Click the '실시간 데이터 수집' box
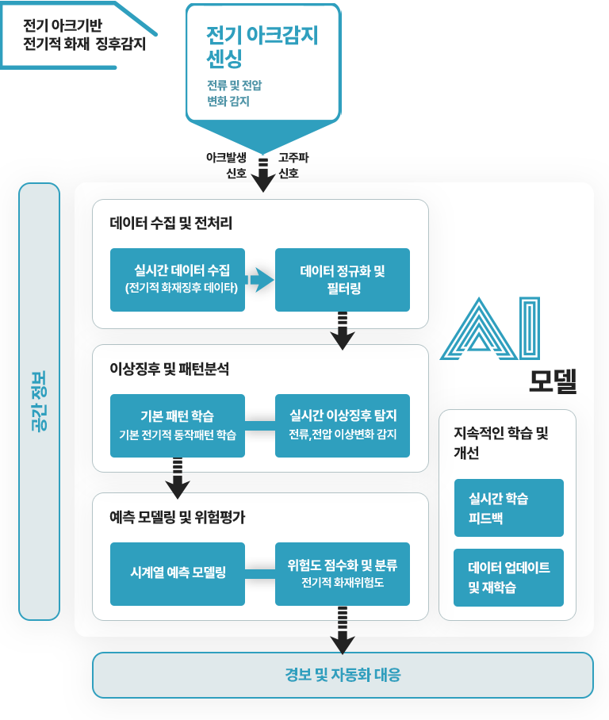tap(178, 280)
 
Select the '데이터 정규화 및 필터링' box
tap(342, 280)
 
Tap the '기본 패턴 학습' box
tap(178, 426)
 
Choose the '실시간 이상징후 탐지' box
tap(342, 426)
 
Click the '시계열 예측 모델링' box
tap(178, 574)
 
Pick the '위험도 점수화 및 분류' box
tap(342, 574)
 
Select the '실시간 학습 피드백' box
tap(509, 507)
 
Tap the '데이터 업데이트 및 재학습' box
tap(509, 577)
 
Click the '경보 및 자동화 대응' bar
tap(343, 675)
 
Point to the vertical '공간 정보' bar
tap(40, 401)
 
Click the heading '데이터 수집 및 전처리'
tap(170, 223)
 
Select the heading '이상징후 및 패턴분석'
tap(169, 369)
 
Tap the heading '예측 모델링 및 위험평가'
tap(178, 518)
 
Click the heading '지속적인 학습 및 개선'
tap(500, 442)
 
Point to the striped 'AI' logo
tap(490, 328)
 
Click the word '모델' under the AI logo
tap(553, 381)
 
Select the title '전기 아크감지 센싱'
tap(262, 46)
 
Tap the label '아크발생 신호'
tap(227, 165)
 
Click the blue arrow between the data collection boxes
tap(259, 280)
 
